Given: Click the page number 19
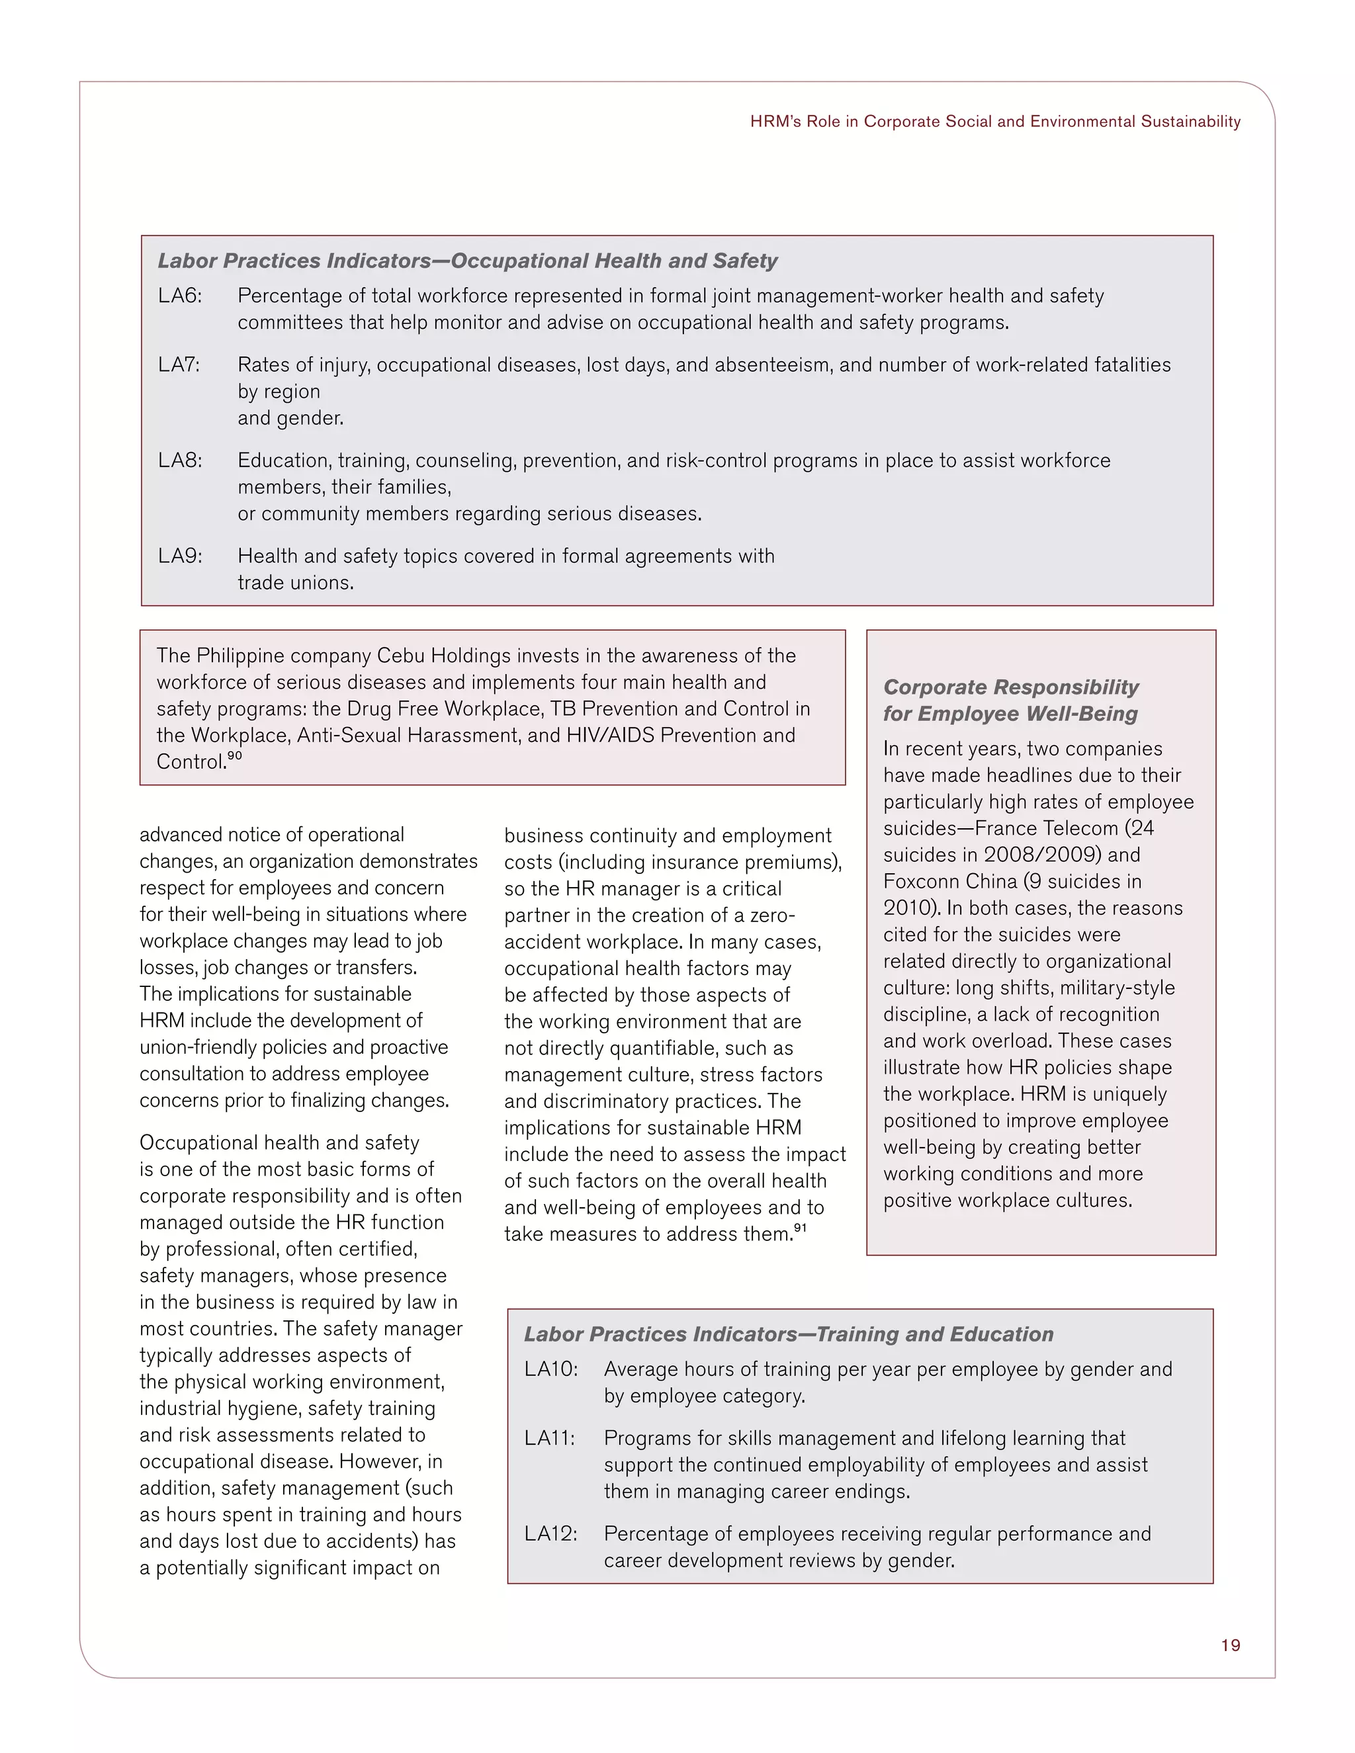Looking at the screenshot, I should coord(1230,1645).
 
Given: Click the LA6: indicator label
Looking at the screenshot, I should coord(180,296).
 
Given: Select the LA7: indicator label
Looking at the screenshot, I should coord(178,365).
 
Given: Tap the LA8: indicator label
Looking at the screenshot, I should coord(180,460).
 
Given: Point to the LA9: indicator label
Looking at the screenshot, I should coord(180,556).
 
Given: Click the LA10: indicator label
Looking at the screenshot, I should coord(550,1369).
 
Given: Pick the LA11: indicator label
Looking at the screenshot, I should coord(549,1438).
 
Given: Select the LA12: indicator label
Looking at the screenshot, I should coord(550,1534).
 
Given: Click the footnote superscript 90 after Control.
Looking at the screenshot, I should coord(234,756).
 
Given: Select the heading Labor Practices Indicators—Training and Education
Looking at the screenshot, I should coord(788,1334).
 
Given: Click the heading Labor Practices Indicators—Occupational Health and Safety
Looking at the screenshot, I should coord(467,261).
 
